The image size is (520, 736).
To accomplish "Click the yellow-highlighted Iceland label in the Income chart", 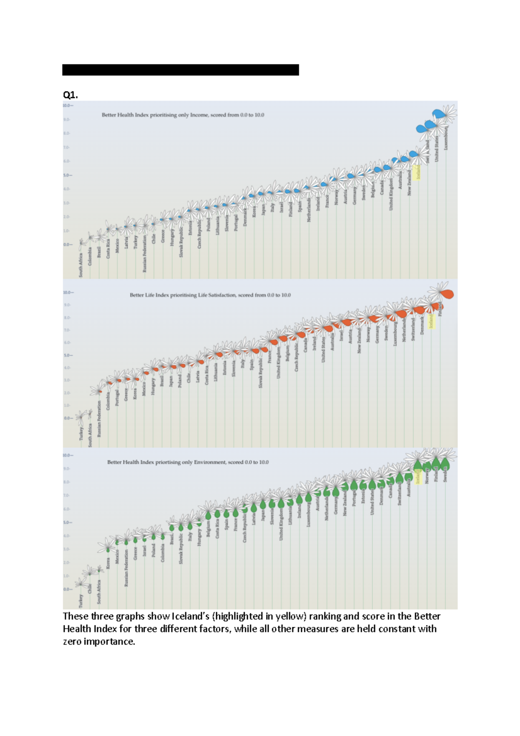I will click(x=418, y=173).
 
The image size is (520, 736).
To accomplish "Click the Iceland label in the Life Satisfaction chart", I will click(x=431, y=321).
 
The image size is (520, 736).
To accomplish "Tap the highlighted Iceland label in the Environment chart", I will click(x=418, y=477).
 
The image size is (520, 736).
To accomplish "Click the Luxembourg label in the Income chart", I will click(x=446, y=138).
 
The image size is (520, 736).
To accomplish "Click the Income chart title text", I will click(x=183, y=115).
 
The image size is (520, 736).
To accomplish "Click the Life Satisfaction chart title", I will click(x=210, y=295).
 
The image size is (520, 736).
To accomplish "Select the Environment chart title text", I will click(x=188, y=462).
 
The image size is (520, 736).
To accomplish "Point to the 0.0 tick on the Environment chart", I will click(x=67, y=589).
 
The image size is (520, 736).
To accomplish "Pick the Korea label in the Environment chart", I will click(x=108, y=563).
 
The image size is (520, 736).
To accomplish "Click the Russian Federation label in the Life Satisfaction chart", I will click(x=99, y=418).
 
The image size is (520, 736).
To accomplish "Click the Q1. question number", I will click(x=70, y=95).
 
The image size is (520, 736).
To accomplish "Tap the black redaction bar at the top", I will click(x=180, y=70).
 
